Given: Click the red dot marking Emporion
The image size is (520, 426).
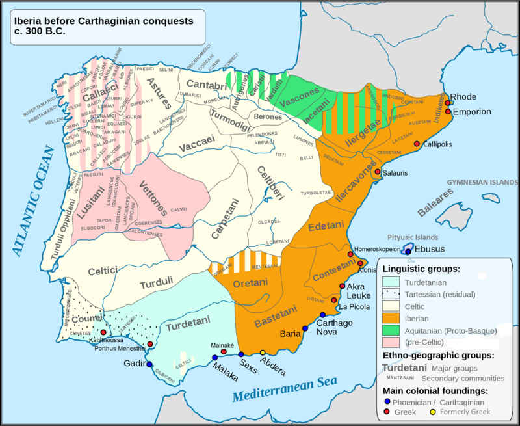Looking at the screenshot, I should [x=448, y=112].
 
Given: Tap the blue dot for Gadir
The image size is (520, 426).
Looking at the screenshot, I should [x=149, y=364].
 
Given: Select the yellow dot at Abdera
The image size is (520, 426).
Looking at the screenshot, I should [x=263, y=353].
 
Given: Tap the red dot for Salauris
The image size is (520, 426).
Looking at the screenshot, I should [x=378, y=172].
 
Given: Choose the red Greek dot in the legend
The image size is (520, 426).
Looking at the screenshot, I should [x=387, y=412].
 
